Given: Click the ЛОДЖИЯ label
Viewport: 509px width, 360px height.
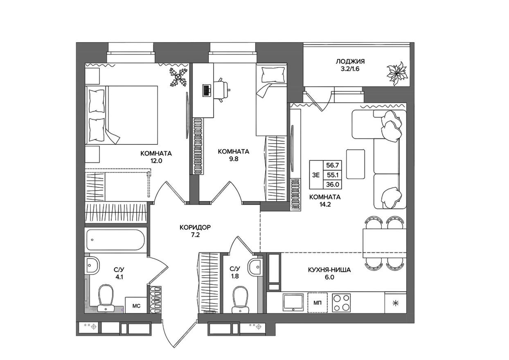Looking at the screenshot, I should pyautogui.click(x=350, y=61).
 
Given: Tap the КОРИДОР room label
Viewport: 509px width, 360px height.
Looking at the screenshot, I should pyautogui.click(x=195, y=227).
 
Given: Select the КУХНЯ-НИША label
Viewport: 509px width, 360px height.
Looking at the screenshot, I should pyautogui.click(x=329, y=270).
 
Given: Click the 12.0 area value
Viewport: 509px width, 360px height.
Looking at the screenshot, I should pyautogui.click(x=156, y=161).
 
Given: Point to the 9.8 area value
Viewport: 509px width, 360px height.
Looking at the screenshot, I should pyautogui.click(x=234, y=159).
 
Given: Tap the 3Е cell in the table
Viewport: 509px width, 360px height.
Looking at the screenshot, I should pyautogui.click(x=316, y=175).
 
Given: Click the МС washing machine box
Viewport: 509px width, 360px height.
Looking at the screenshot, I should pyautogui.click(x=136, y=305).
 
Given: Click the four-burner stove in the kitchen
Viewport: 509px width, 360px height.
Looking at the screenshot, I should pyautogui.click(x=341, y=303).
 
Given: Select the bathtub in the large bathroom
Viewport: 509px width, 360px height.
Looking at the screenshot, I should pyautogui.click(x=116, y=240).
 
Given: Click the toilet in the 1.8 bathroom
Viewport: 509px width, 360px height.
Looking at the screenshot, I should pyautogui.click(x=240, y=299).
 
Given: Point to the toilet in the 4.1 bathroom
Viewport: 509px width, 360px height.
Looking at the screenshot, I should pyautogui.click(x=106, y=297).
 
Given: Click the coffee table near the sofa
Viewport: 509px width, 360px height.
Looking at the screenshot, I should pyautogui.click(x=355, y=164).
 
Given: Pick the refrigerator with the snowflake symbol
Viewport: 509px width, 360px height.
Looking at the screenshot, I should pyautogui.click(x=395, y=303).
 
